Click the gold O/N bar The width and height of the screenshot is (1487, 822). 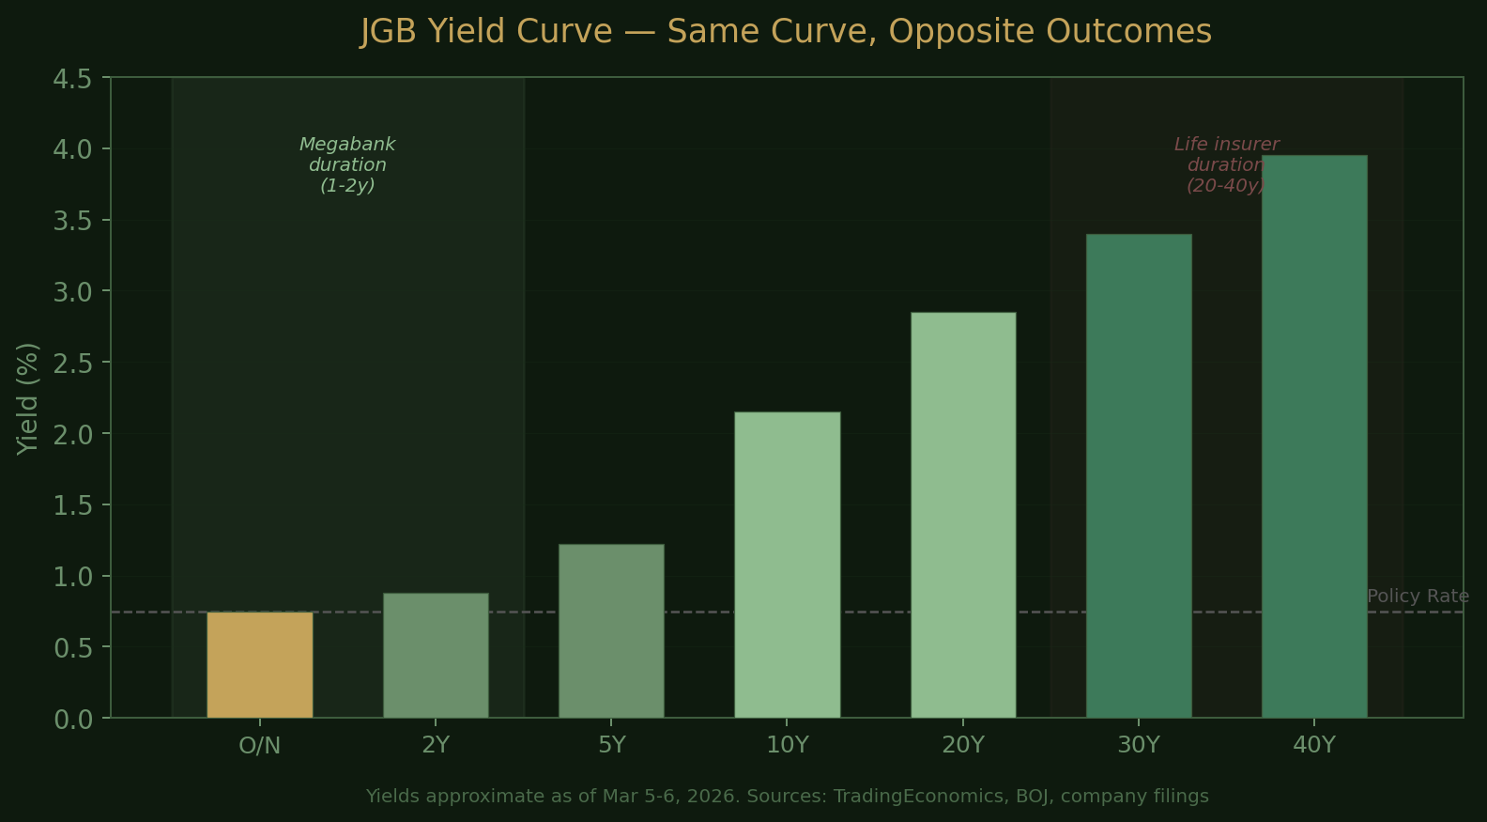pyautogui.click(x=260, y=665)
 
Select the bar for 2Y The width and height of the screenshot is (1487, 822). pyautogui.click(x=436, y=656)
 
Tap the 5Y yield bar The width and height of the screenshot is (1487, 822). pyautogui.click(x=611, y=631)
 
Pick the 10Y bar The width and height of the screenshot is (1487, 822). pyautogui.click(x=787, y=565)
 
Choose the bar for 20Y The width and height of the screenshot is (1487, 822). pyautogui.click(x=963, y=515)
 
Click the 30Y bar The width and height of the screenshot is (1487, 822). pyautogui.click(x=1139, y=475)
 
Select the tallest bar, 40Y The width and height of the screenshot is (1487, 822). pyautogui.click(x=1314, y=437)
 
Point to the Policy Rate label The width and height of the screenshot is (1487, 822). pyautogui.click(x=1418, y=597)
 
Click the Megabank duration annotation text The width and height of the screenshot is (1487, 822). pyautogui.click(x=347, y=165)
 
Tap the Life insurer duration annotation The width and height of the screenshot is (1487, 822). pyautogui.click(x=1226, y=165)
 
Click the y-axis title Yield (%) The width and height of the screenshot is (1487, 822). pyautogui.click(x=28, y=398)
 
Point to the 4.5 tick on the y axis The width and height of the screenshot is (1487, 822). pyautogui.click(x=72, y=79)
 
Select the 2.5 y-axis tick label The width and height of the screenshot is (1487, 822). pyautogui.click(x=72, y=364)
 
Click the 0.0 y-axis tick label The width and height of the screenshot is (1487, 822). pyautogui.click(x=72, y=720)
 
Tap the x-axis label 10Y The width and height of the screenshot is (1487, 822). pyautogui.click(x=787, y=746)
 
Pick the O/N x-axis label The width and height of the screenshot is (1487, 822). pyautogui.click(x=260, y=746)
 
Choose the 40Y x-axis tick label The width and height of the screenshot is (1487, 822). pyautogui.click(x=1314, y=746)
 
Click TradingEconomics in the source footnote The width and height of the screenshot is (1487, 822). pyautogui.click(x=920, y=797)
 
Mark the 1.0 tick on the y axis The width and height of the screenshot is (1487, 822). pyautogui.click(x=72, y=577)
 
